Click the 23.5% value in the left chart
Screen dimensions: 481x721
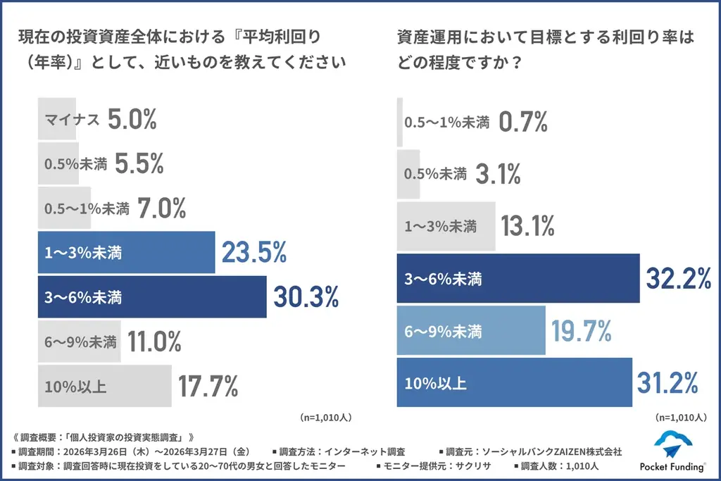(x=254, y=252)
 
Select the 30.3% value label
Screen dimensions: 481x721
(x=306, y=297)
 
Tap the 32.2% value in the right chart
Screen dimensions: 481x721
(x=679, y=279)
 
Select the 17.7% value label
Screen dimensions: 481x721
(x=208, y=386)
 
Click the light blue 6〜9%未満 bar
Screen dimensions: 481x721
(x=471, y=331)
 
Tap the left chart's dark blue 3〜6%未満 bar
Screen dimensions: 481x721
(x=152, y=297)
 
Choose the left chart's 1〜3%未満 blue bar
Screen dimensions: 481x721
(x=126, y=252)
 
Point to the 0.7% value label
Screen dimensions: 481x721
(x=523, y=122)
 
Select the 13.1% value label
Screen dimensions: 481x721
(x=528, y=226)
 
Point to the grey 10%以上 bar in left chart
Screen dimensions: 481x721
(x=104, y=386)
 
